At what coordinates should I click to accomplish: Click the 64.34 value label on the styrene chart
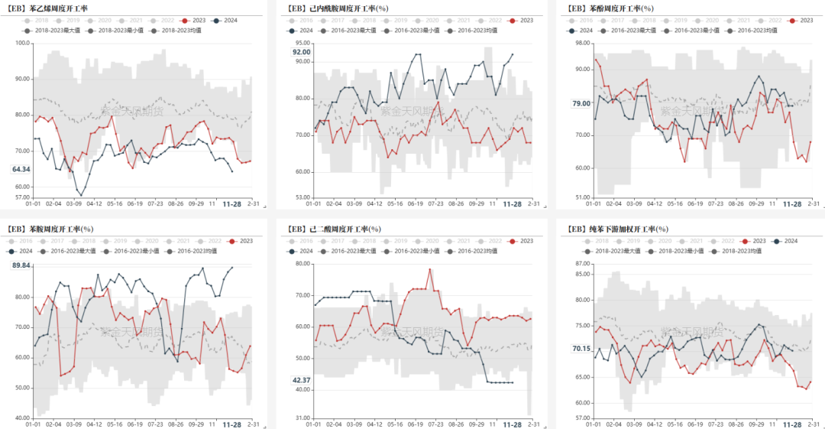click(x=21, y=170)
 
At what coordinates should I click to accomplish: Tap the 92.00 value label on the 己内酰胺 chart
click(x=301, y=52)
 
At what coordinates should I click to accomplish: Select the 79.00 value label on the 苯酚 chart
click(x=581, y=103)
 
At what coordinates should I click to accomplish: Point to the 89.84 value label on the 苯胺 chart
click(x=21, y=265)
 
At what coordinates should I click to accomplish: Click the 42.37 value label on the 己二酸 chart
click(x=301, y=381)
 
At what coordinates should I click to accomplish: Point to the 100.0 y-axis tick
click(x=21, y=43)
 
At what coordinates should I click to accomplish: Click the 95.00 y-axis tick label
click(x=302, y=43)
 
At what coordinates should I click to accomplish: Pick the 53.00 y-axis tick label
click(x=302, y=197)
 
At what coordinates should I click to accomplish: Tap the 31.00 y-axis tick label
click(x=302, y=418)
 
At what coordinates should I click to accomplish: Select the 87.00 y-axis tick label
click(x=582, y=264)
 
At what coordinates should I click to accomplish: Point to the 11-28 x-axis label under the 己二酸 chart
click(x=512, y=424)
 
